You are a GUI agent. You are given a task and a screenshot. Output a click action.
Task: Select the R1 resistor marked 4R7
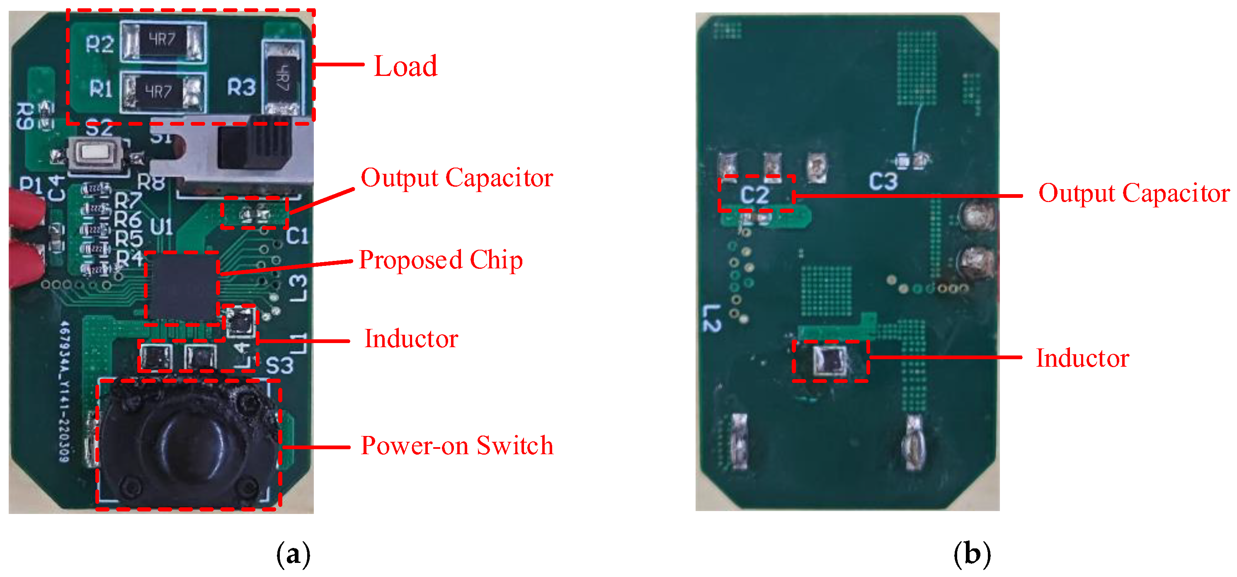click(x=161, y=91)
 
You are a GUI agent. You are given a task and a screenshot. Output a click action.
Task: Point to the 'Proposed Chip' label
click(x=440, y=260)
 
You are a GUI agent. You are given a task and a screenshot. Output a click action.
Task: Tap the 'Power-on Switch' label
click(x=457, y=446)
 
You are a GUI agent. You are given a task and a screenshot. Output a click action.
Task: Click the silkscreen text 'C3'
click(x=883, y=182)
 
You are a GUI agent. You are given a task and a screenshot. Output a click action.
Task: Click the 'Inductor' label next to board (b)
click(x=1082, y=358)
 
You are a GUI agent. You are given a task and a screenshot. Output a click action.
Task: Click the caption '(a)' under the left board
click(x=293, y=554)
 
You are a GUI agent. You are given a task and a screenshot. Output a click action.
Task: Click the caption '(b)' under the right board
click(x=972, y=554)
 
